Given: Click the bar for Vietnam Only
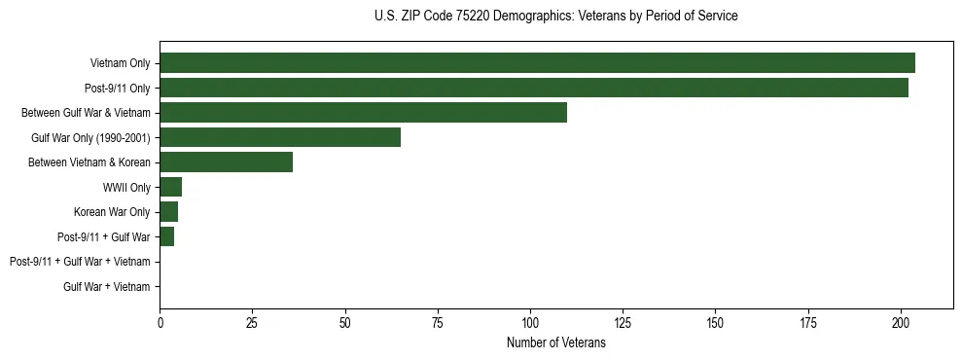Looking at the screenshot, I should (537, 63).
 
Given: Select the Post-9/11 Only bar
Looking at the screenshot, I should (534, 88).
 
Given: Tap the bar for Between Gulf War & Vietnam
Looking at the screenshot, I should (363, 113).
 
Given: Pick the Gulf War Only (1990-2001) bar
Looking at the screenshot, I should (280, 137).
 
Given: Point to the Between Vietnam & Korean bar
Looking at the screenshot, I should (226, 162).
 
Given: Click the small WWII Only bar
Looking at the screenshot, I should (170, 187).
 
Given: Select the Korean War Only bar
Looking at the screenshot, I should (168, 212).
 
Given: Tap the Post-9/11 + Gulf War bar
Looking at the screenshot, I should (166, 236).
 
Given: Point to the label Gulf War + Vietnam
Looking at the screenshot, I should (106, 287).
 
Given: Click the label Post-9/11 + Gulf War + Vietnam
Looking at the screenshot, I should (80, 262).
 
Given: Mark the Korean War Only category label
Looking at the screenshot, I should (112, 212).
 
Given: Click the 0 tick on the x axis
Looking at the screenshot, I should (160, 322).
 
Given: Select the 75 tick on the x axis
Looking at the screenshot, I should (437, 322).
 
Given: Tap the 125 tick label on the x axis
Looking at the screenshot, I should (623, 322).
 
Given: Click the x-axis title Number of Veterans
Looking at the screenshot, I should (555, 342).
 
